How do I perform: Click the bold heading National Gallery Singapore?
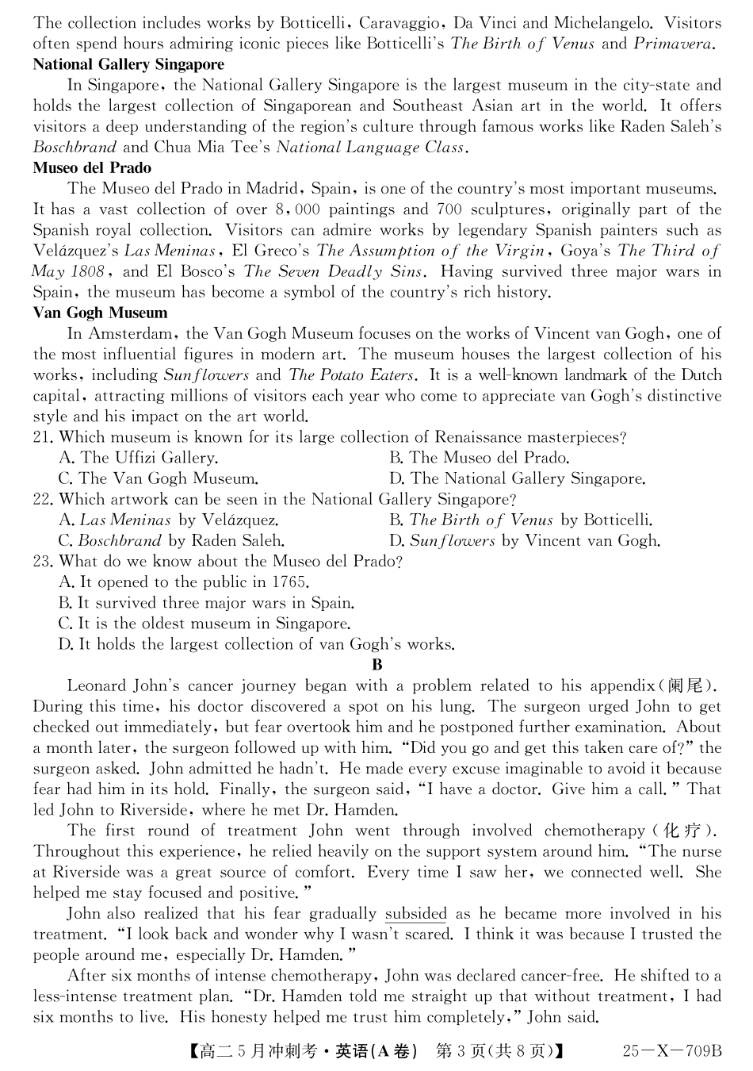(x=128, y=64)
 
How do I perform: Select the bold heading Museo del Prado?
(x=92, y=168)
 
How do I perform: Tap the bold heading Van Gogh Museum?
(x=100, y=313)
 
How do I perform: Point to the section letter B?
(x=376, y=665)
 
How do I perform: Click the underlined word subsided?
(x=416, y=914)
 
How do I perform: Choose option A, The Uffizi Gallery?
(x=139, y=458)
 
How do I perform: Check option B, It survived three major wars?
(x=206, y=603)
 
